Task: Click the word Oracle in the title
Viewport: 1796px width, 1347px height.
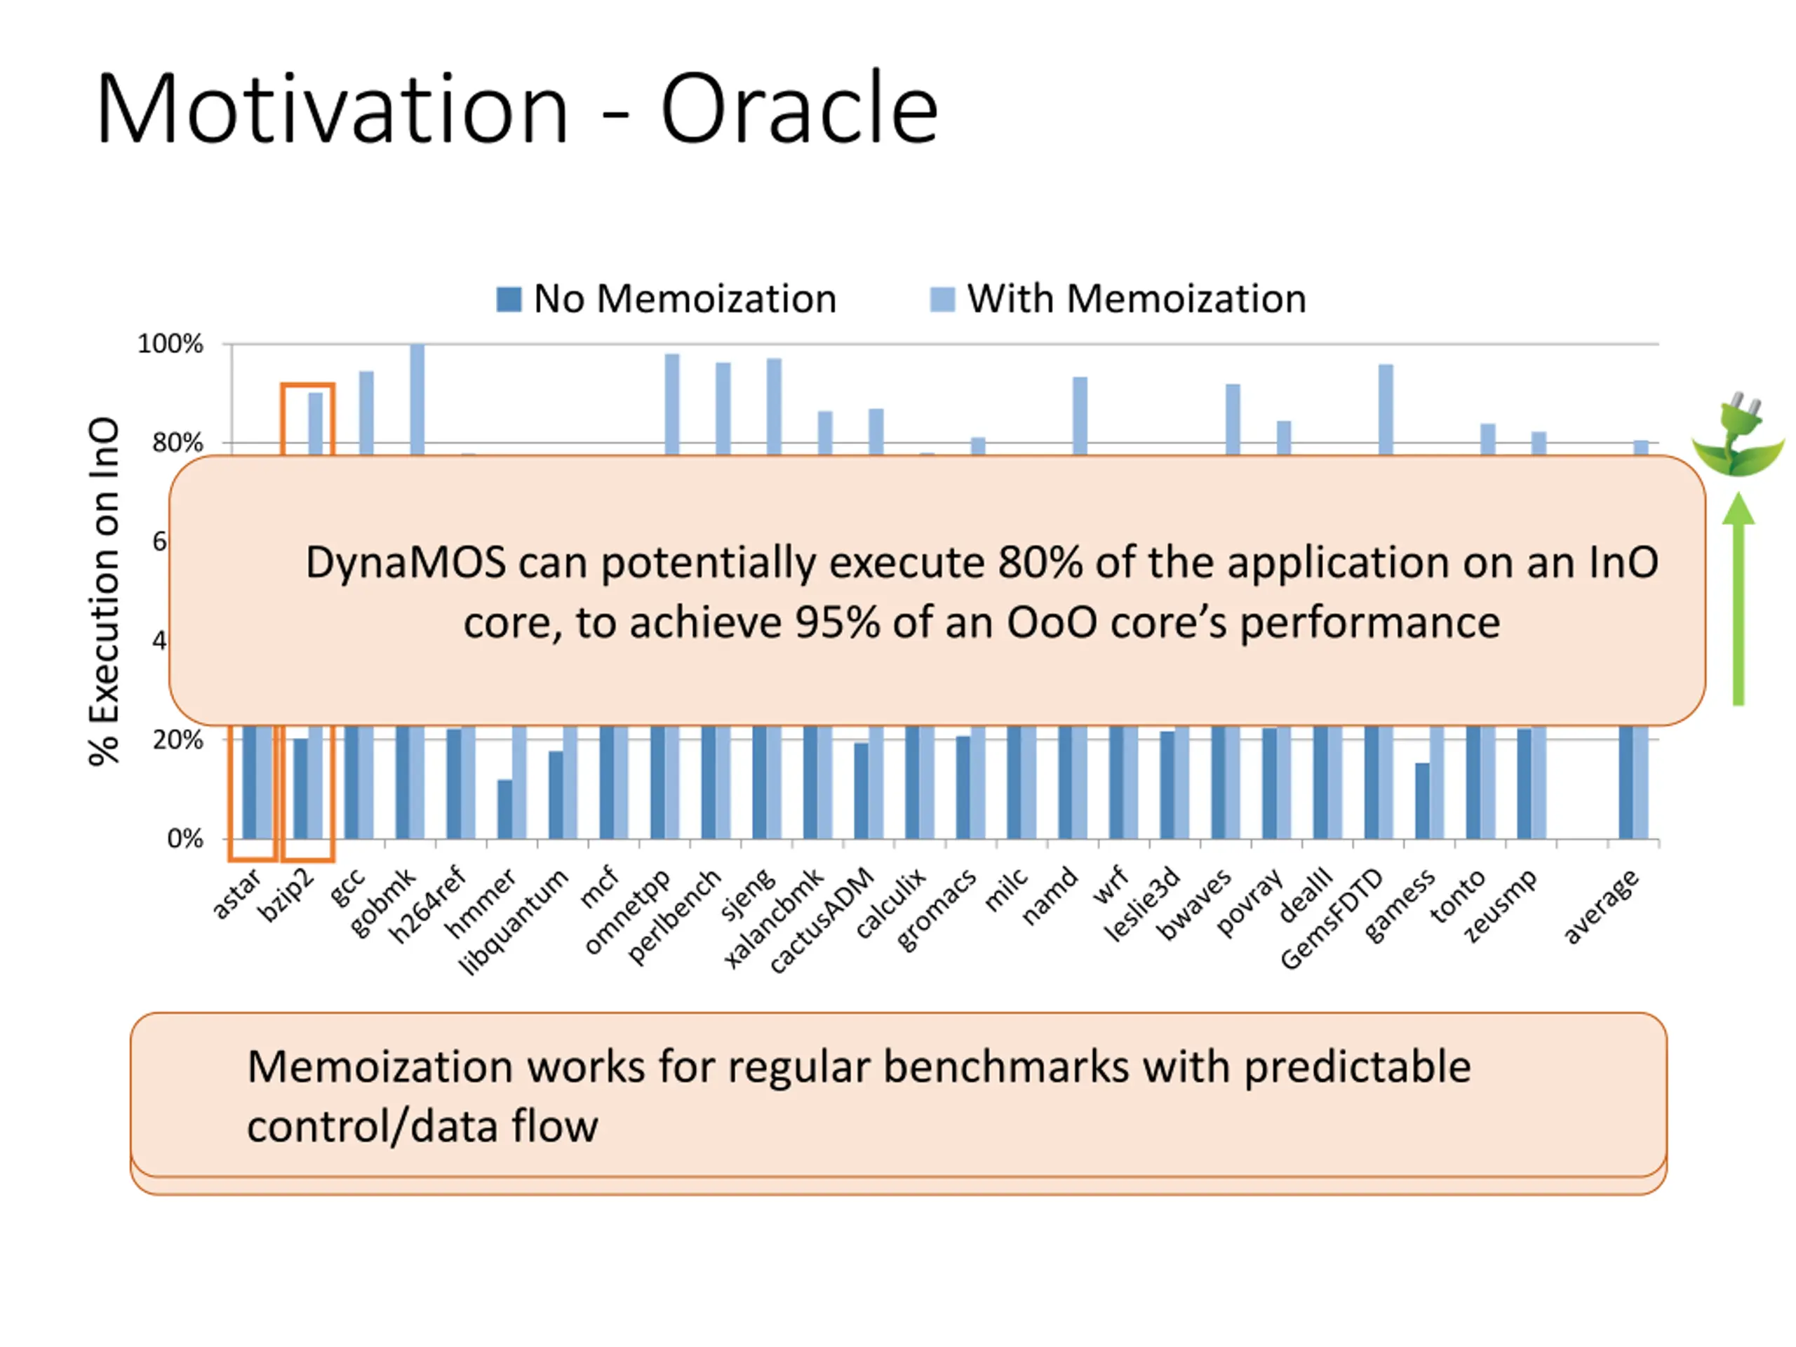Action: pos(799,109)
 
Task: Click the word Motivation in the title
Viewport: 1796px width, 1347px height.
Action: pos(332,109)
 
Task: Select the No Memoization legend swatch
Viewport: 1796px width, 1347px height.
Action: pos(508,299)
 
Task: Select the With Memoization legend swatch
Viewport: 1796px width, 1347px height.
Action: pos(941,299)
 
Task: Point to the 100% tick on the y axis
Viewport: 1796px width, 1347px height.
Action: pos(170,344)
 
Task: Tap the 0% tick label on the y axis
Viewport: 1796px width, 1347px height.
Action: pos(185,839)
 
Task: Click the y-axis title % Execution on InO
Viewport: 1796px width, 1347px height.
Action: pos(105,591)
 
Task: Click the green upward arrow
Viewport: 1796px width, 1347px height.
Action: pos(1738,601)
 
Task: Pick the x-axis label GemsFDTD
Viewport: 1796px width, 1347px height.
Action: pos(1332,919)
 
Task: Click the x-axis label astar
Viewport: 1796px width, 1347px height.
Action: pos(236,894)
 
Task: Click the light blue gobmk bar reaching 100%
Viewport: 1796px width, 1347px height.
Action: pos(417,398)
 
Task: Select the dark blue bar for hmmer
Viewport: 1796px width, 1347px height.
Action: pos(505,810)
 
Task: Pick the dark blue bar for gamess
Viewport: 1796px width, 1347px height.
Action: pos(1421,800)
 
